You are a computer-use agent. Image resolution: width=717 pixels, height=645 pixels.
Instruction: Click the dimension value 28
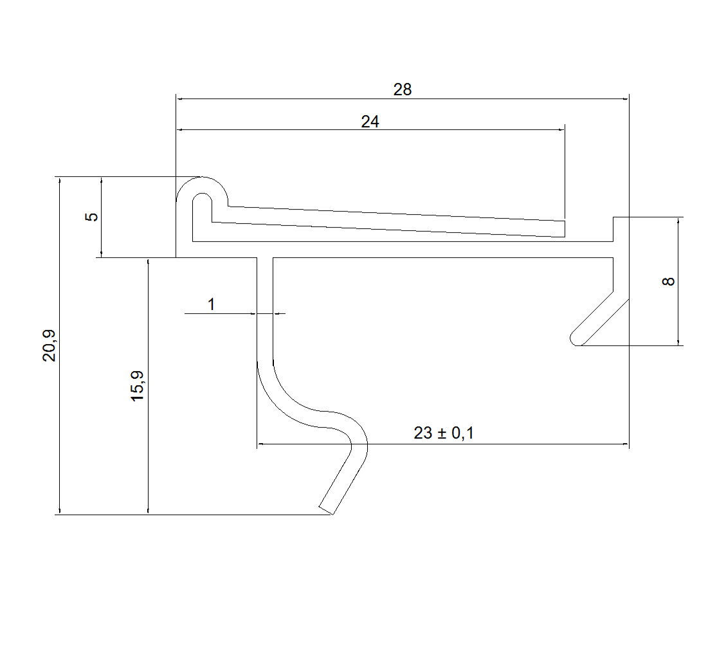pyautogui.click(x=403, y=89)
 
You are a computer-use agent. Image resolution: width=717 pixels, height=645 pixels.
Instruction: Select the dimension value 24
pyautogui.click(x=370, y=122)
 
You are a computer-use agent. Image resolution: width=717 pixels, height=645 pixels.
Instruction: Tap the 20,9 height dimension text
pyautogui.click(x=50, y=345)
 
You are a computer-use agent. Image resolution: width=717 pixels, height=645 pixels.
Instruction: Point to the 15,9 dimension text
pyautogui.click(x=138, y=386)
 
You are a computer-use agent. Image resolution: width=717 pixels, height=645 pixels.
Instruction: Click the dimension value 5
pyautogui.click(x=92, y=216)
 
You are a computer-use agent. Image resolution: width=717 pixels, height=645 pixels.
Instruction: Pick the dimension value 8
pyautogui.click(x=668, y=281)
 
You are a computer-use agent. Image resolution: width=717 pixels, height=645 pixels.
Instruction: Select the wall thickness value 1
pyautogui.click(x=211, y=304)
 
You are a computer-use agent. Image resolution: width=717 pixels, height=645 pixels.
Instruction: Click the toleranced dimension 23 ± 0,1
pyautogui.click(x=444, y=433)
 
